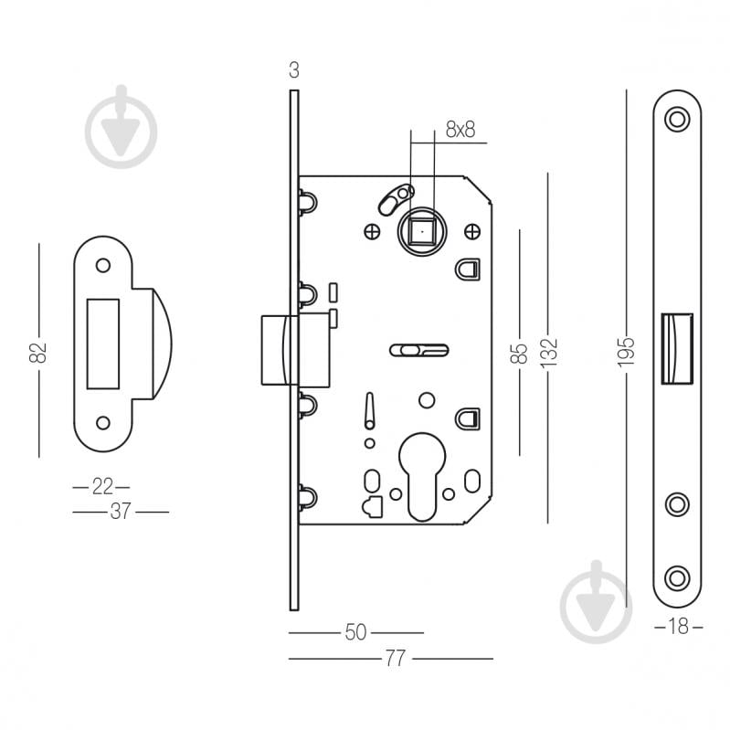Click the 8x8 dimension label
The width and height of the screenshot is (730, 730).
pyautogui.click(x=460, y=130)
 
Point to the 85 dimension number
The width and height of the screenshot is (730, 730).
pyautogui.click(x=519, y=351)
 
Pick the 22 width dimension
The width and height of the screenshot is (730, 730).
pyautogui.click(x=101, y=486)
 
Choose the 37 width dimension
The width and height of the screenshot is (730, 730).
pyautogui.click(x=120, y=512)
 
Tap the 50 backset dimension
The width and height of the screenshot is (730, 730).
pyautogui.click(x=355, y=632)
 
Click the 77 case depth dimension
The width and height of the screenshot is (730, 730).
pyautogui.click(x=394, y=659)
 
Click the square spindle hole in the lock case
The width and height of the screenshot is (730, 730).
pyautogui.click(x=422, y=233)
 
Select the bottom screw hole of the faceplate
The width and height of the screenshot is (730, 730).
pyautogui.click(x=677, y=577)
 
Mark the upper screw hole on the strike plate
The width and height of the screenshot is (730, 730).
pyautogui.click(x=102, y=265)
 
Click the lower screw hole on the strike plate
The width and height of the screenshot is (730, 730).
pyautogui.click(x=102, y=422)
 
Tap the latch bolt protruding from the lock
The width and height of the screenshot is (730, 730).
pyautogui.click(x=276, y=350)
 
